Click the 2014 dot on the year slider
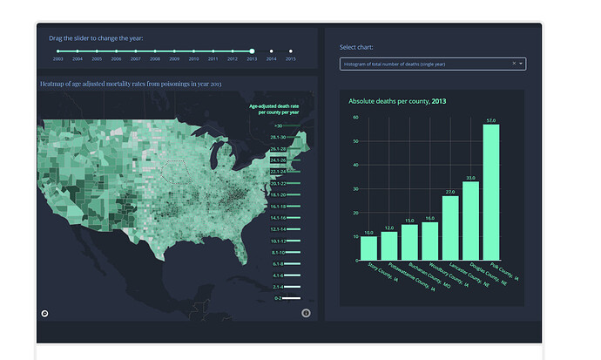271,51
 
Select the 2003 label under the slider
58,59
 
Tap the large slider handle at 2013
252,51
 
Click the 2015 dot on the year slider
291,51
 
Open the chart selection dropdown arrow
522,64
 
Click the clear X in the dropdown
514,64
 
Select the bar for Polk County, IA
491,193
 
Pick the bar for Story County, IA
369,248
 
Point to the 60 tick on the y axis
355,117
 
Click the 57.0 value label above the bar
491,120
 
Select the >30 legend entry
278,126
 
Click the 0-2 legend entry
278,298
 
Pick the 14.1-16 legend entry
278,218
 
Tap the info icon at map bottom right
306,313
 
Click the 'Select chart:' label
356,47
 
